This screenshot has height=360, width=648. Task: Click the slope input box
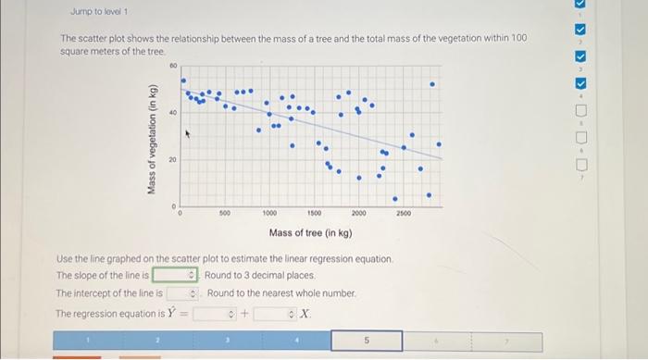coord(175,275)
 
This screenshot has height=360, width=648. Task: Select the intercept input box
coord(182,293)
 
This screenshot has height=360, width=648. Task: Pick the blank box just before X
coord(277,313)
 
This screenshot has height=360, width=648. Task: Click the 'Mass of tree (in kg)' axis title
coord(310,232)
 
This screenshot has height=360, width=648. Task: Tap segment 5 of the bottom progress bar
coord(367,341)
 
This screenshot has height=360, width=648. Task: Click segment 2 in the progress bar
coord(156,341)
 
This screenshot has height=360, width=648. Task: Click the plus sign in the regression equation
coord(244,314)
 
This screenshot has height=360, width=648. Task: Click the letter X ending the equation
coord(307,314)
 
